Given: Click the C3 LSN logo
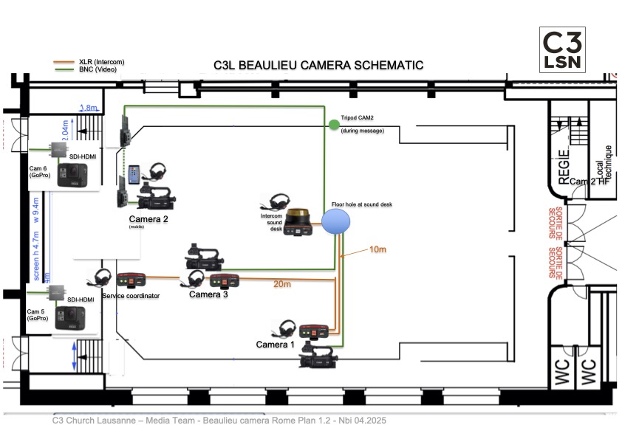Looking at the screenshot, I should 563,49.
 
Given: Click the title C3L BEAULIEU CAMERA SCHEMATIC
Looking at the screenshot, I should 318,65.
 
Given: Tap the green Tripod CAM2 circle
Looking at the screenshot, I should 334,125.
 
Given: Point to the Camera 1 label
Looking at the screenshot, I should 275,345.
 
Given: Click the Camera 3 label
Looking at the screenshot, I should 208,294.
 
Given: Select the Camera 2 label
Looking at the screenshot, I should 148,219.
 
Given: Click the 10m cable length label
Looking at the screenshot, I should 377,249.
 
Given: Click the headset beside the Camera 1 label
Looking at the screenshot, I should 287,329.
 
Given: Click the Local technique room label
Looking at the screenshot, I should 603,164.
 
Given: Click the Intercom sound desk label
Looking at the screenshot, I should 274,222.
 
